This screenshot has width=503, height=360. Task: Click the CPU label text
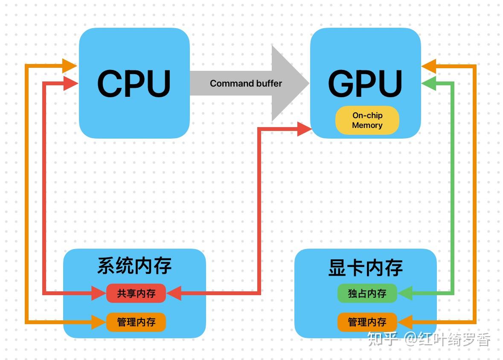134,83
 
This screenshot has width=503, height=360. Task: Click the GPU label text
365,83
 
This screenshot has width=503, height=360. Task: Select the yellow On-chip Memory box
367,120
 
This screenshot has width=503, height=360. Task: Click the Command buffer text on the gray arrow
246,84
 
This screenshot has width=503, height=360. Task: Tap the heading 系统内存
134,265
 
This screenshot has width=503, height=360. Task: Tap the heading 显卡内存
366,267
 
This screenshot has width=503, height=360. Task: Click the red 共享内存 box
136,293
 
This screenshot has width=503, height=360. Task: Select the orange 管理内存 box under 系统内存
136,322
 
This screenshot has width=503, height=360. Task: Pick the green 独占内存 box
367,293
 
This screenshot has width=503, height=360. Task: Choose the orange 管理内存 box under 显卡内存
367,322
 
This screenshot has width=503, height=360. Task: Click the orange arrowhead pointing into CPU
69,66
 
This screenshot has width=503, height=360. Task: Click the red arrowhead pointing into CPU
70,83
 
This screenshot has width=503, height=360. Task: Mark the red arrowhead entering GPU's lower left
304,128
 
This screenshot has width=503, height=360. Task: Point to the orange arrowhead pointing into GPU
429,66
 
